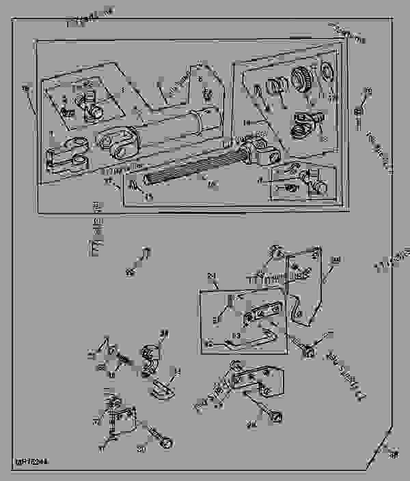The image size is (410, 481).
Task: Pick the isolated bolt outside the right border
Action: [357, 109]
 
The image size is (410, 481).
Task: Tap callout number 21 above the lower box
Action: [211, 276]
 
